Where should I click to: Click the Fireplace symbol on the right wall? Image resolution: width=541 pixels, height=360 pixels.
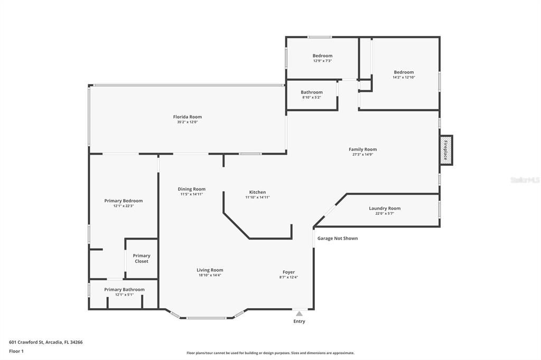(446, 150)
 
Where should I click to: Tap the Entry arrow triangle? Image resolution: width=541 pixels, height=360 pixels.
(299, 314)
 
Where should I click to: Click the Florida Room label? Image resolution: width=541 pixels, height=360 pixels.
(188, 117)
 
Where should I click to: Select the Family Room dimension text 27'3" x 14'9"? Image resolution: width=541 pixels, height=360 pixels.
(362, 155)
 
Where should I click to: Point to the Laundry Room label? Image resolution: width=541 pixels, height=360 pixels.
(385, 209)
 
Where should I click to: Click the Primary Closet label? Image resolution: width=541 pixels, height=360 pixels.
(142, 258)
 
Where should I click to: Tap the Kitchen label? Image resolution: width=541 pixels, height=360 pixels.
(257, 192)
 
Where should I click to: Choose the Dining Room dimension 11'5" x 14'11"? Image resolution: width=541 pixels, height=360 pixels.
(191, 194)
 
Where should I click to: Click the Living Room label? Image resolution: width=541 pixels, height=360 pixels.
(210, 270)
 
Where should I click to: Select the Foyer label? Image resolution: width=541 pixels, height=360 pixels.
(289, 272)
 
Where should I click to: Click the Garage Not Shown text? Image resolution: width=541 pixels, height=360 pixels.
(338, 238)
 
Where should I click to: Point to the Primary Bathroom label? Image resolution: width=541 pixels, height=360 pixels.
(124, 290)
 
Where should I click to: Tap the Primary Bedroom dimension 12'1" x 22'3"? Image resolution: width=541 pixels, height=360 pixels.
(124, 206)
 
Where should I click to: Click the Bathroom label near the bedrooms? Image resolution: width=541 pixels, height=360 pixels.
(312, 92)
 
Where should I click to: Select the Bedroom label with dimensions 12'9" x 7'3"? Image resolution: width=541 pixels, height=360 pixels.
(323, 55)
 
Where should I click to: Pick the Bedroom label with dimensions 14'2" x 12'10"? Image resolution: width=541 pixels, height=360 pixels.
(404, 72)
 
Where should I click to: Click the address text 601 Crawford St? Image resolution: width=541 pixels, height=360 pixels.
(26, 343)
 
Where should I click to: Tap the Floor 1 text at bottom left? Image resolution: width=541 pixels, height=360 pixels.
(16, 352)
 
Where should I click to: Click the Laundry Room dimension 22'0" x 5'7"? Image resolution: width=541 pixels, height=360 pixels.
(385, 213)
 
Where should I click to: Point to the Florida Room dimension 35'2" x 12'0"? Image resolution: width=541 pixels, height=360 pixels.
(188, 122)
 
